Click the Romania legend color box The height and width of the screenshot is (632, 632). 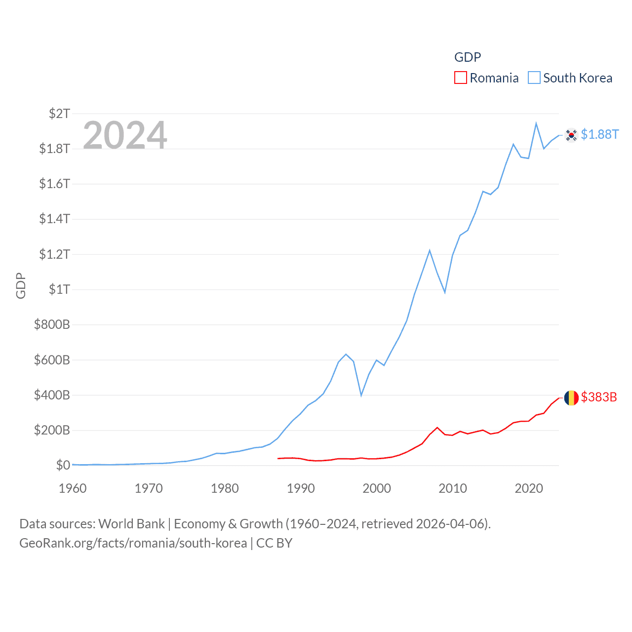[x=460, y=78]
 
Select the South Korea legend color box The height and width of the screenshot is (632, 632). [x=534, y=78]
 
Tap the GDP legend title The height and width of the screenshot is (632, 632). [x=467, y=57]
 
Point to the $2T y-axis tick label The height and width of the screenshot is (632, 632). [x=59, y=114]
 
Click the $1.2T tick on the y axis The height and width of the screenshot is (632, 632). [x=54, y=254]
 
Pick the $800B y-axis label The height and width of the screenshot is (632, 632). [x=52, y=324]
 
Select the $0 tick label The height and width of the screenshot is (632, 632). [x=63, y=465]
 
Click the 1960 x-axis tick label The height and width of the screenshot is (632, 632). [x=73, y=488]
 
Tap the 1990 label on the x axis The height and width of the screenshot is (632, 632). [x=301, y=488]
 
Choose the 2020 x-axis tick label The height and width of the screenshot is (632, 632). [x=529, y=488]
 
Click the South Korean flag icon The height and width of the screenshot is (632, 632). [x=571, y=135]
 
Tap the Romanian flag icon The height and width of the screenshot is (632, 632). [x=571, y=397]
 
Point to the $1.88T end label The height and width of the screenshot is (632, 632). [x=599, y=134]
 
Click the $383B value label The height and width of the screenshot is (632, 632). [x=598, y=397]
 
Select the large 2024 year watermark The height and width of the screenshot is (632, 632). [x=125, y=135]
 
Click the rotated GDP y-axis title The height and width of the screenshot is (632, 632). [x=21, y=285]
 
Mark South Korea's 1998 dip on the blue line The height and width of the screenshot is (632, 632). [x=361, y=395]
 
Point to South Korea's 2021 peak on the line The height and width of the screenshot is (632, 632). [x=536, y=123]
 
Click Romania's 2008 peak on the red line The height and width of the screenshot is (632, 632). [x=437, y=428]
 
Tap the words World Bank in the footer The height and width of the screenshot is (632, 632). [x=131, y=524]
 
